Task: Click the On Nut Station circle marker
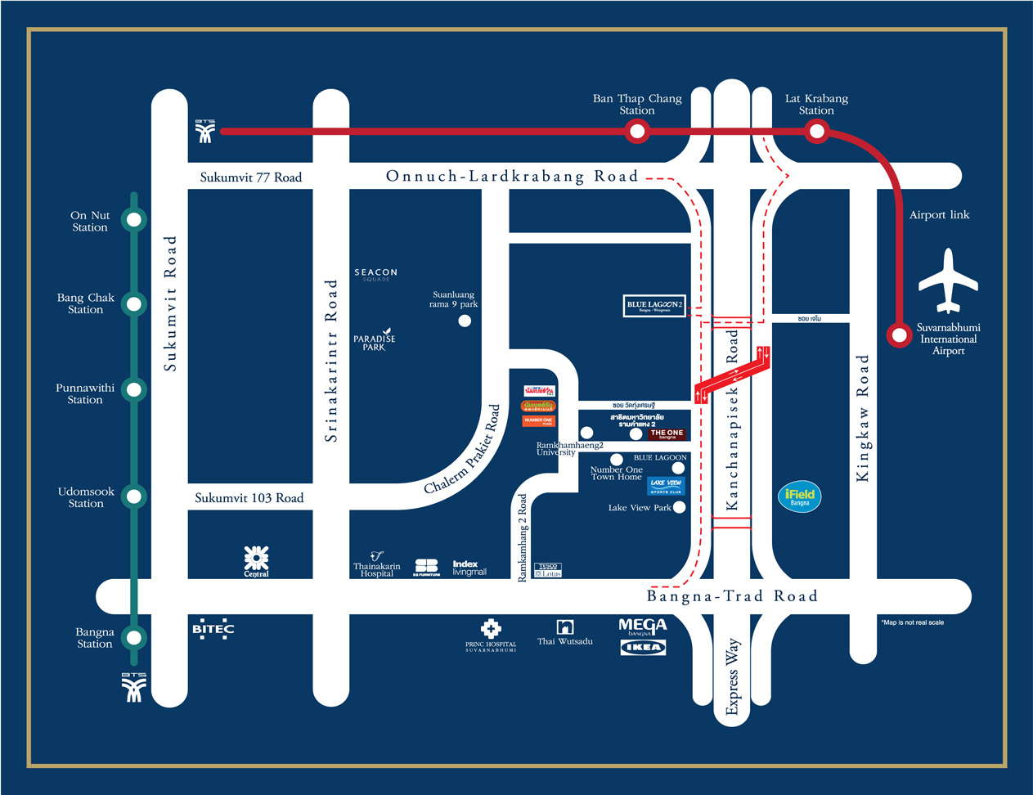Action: pos(134,219)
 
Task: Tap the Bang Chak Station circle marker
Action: pos(134,303)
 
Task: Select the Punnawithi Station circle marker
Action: pos(134,389)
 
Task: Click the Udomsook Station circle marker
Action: pos(134,496)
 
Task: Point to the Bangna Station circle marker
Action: pos(134,638)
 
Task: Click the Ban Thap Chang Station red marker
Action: pos(637,131)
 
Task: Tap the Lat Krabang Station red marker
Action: pos(816,131)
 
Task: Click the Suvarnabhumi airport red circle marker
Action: pos(900,335)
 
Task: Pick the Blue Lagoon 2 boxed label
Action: pos(654,306)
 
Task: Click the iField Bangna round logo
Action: pos(799,496)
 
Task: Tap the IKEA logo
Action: pos(643,648)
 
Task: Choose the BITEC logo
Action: pos(213,629)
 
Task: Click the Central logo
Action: pos(256,561)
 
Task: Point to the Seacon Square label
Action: pos(376,274)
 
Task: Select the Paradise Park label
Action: pos(375,341)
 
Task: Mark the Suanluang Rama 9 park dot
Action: pos(465,321)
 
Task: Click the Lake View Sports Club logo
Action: pos(666,486)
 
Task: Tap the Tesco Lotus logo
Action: pos(547,569)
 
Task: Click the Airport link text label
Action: pos(939,215)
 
